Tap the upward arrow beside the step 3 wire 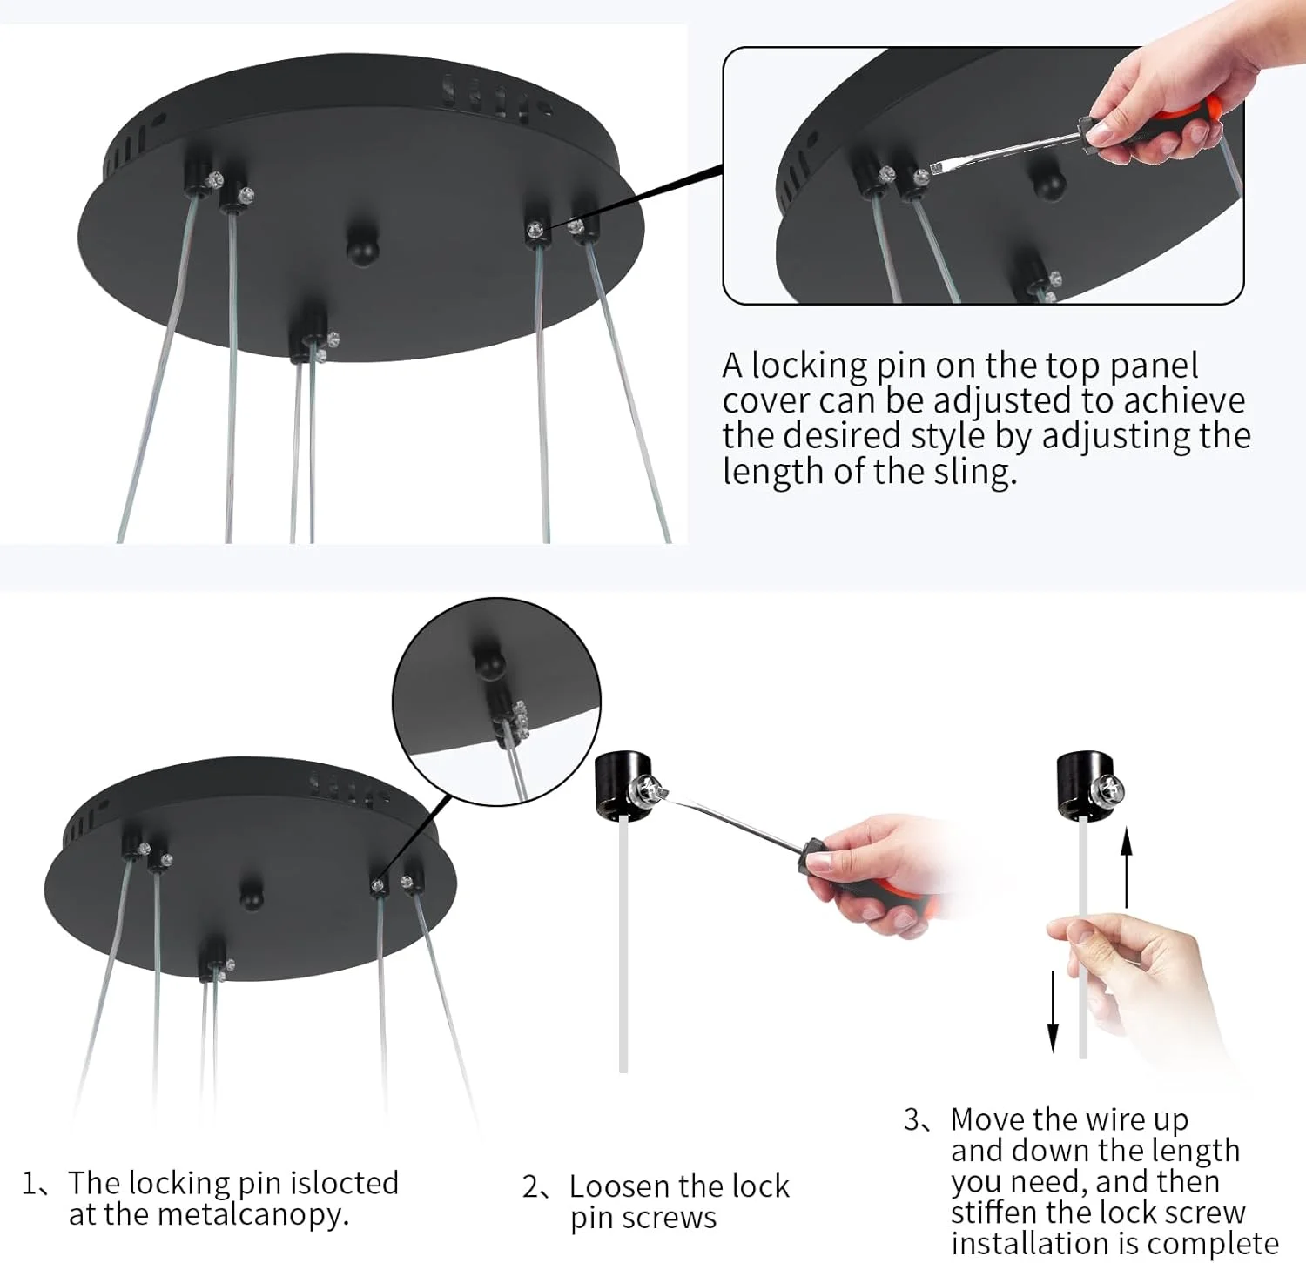[x=1127, y=867]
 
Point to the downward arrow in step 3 [x=1053, y=1011]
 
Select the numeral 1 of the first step [x=30, y=1184]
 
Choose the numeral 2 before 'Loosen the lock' [x=530, y=1187]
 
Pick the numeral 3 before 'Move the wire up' [x=912, y=1119]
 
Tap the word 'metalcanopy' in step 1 [x=249, y=1215]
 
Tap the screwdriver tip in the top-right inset [x=938, y=167]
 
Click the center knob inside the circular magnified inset [x=490, y=663]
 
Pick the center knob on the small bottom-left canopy [x=251, y=893]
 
